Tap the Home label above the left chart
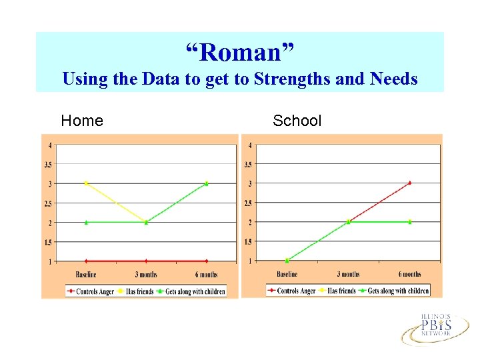pos(82,121)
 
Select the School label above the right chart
pos(297,121)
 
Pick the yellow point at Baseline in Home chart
pos(86,183)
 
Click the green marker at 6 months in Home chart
pos(207,183)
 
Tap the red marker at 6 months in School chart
pos(409,182)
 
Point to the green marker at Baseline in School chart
pos(287,261)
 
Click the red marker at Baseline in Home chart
pos(86,261)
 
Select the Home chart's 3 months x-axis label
pos(146,275)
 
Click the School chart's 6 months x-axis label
pos(409,274)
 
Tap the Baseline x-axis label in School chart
pos(287,274)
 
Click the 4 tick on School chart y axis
pos(250,145)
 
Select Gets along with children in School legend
pos(398,291)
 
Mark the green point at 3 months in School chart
pos(348,222)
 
